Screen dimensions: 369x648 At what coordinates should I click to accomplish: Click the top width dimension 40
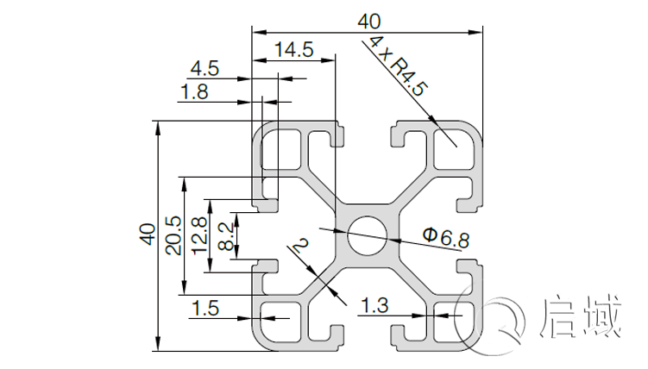click(x=366, y=18)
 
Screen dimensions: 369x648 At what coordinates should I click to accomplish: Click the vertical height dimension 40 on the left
click(x=146, y=235)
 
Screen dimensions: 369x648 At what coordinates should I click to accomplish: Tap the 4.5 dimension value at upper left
click(x=204, y=67)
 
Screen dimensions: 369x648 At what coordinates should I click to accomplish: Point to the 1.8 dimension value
click(x=195, y=92)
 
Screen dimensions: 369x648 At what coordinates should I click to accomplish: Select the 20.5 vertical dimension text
click(x=173, y=235)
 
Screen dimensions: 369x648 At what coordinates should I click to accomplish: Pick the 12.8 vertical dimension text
click(x=199, y=235)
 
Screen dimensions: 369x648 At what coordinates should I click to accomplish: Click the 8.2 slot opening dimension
click(x=224, y=235)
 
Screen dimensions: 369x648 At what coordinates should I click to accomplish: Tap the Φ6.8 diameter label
click(x=445, y=237)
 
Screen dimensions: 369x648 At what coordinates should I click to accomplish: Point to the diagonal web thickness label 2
click(x=299, y=249)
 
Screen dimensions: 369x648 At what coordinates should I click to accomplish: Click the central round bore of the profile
click(x=367, y=235)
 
